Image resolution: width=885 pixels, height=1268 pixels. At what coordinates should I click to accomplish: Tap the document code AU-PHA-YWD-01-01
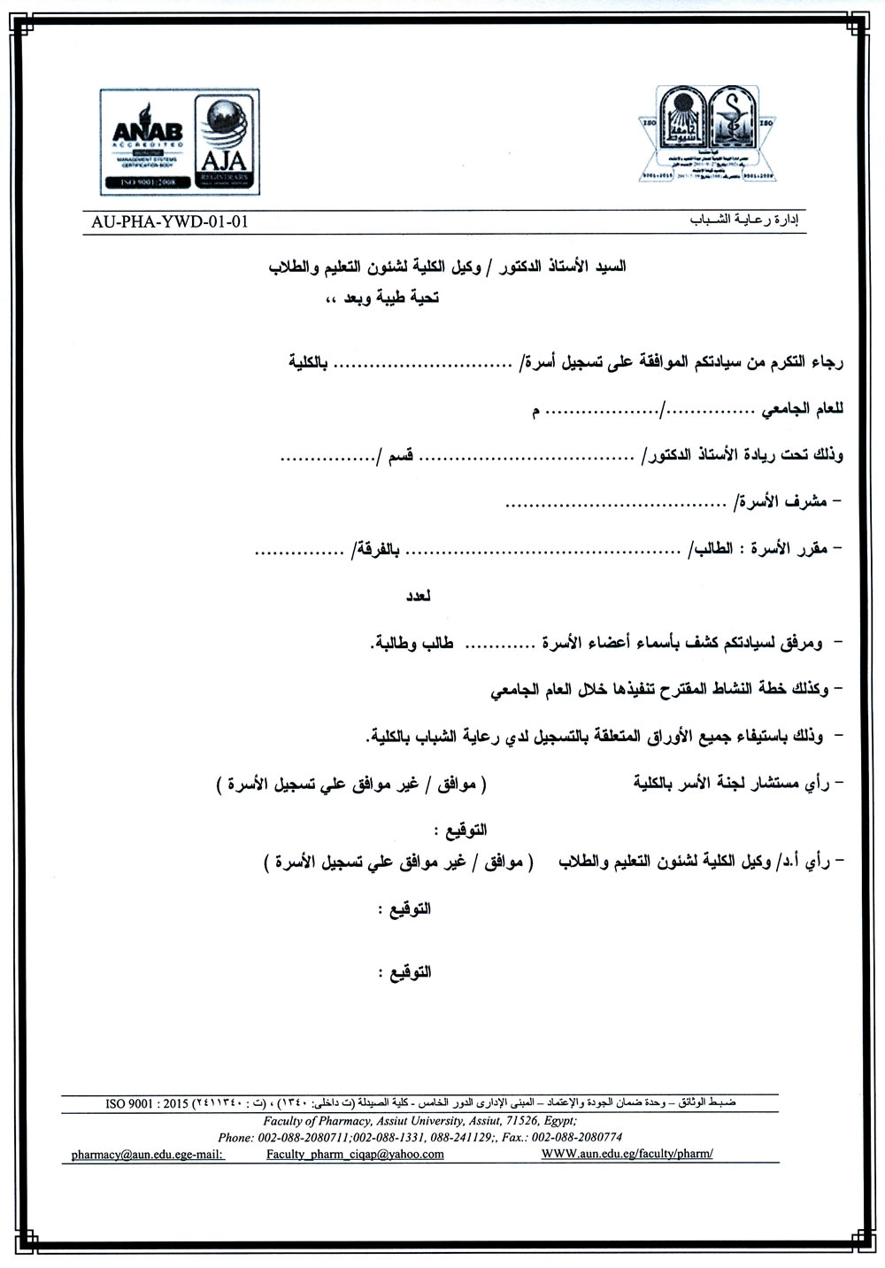point(170,221)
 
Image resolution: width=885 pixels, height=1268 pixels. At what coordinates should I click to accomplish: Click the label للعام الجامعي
point(804,409)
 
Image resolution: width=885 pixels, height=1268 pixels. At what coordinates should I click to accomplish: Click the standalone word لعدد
point(418,596)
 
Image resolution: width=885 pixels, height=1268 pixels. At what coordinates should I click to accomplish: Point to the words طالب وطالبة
point(412,643)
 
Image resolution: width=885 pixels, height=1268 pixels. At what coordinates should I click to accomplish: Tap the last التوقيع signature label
point(404,971)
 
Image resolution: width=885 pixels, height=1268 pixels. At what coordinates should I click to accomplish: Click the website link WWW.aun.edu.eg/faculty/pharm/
point(627,1155)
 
